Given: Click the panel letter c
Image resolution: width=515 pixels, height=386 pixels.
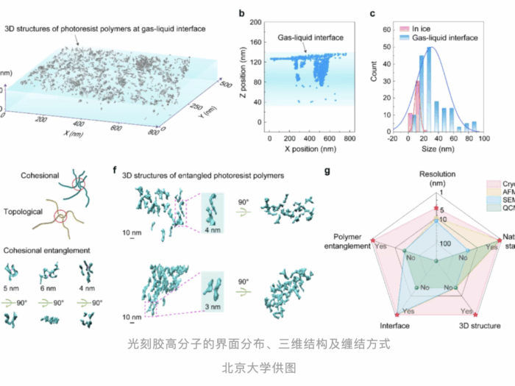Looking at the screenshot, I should click(373, 12).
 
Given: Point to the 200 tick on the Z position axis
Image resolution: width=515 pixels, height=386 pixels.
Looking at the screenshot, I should click(258, 22).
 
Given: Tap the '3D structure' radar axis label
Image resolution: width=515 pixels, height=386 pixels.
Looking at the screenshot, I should click(480, 326).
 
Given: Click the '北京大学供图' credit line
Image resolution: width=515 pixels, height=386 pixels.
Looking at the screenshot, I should click(257, 365).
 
